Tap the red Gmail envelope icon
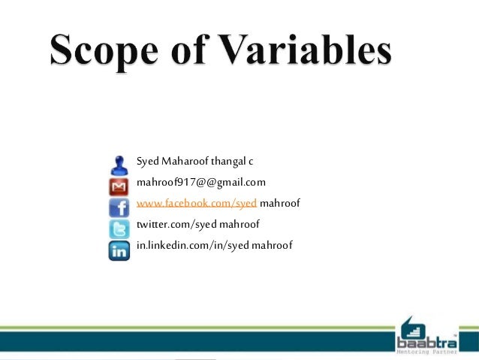(x=119, y=186)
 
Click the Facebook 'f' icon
(x=119, y=207)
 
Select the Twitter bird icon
(x=119, y=228)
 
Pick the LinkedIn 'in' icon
(x=119, y=250)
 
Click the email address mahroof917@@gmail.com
(x=200, y=183)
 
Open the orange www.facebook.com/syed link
(x=197, y=204)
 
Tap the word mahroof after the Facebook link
(x=280, y=204)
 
